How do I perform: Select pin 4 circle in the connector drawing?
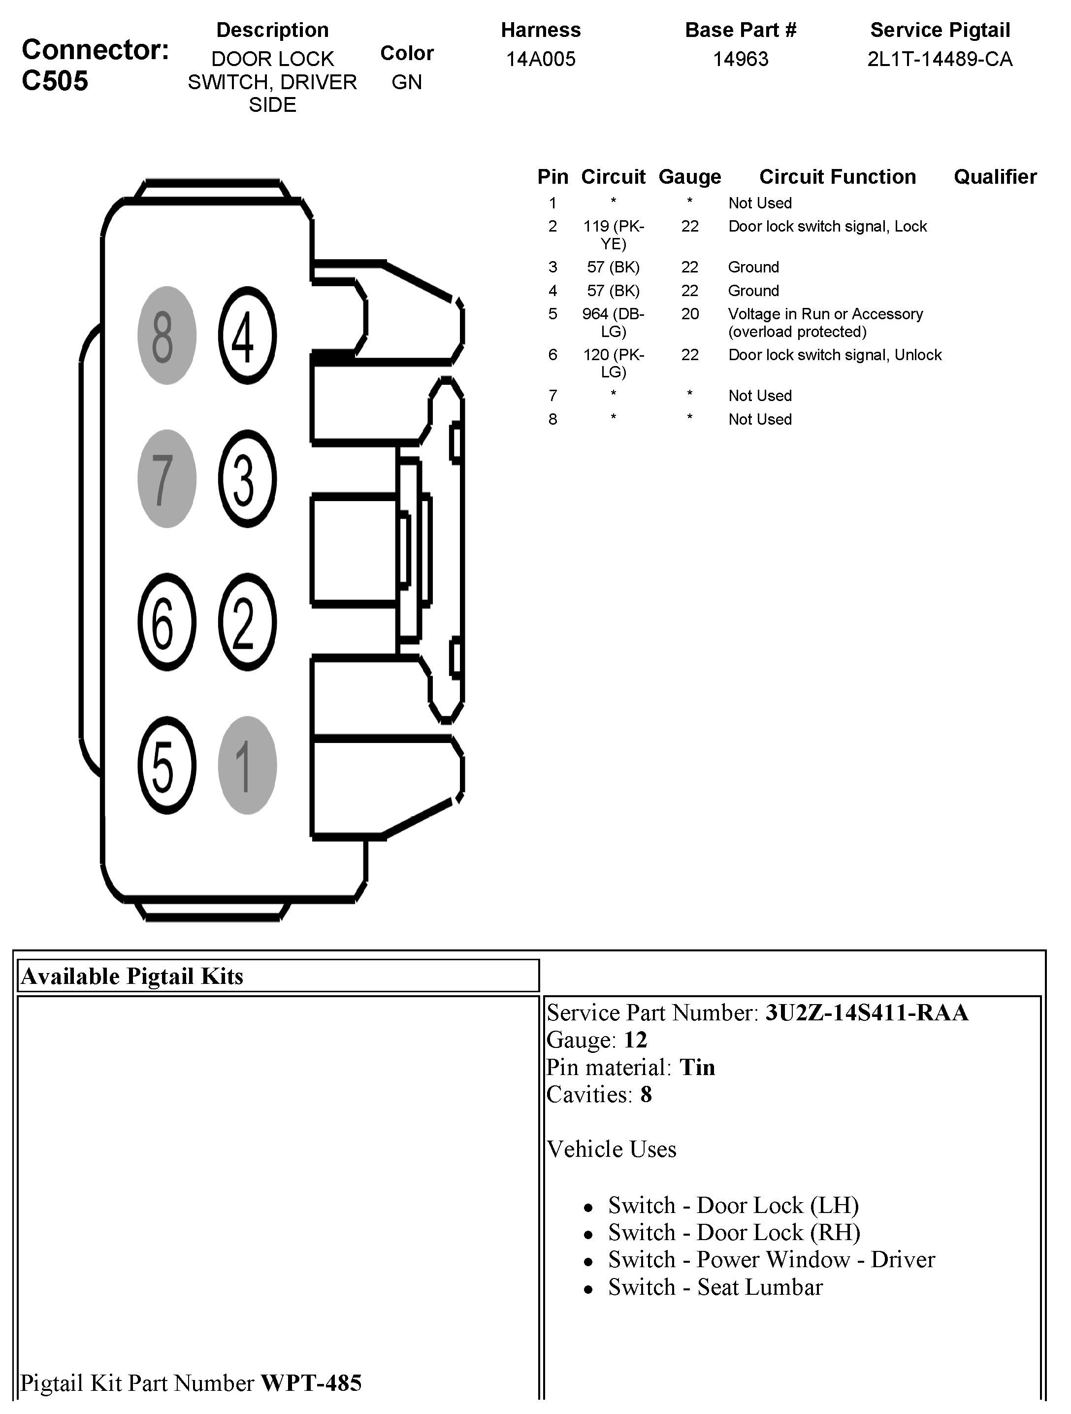click(247, 336)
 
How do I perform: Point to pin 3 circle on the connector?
click(247, 479)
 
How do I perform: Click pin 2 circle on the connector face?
click(247, 622)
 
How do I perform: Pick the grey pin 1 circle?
click(247, 765)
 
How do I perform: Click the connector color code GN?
click(406, 82)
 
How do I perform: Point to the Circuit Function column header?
click(837, 177)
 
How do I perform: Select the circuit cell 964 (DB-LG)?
click(613, 323)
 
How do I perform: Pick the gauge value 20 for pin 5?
click(689, 314)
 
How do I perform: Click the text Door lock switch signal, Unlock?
click(835, 355)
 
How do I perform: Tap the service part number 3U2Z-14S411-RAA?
click(867, 1012)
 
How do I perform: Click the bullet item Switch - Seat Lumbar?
click(715, 1287)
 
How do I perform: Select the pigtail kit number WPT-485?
click(311, 1382)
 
